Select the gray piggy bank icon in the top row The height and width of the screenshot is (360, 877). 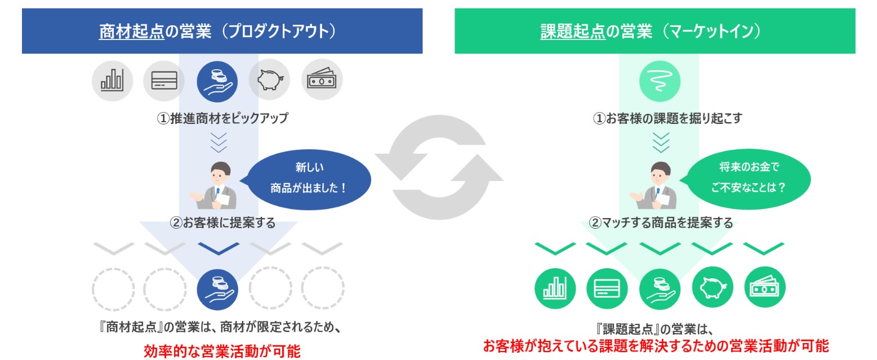269,79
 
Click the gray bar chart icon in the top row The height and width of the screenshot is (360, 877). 112,79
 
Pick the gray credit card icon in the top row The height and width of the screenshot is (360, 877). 164,79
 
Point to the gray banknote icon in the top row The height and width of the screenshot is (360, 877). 322,79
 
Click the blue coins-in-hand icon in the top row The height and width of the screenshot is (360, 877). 217,79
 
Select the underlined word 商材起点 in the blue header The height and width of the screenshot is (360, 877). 131,31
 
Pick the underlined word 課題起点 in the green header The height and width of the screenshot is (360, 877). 572,31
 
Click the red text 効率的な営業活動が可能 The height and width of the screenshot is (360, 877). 222,351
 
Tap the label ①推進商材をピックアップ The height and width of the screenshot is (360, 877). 222,119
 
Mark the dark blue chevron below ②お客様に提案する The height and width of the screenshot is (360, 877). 219,248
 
